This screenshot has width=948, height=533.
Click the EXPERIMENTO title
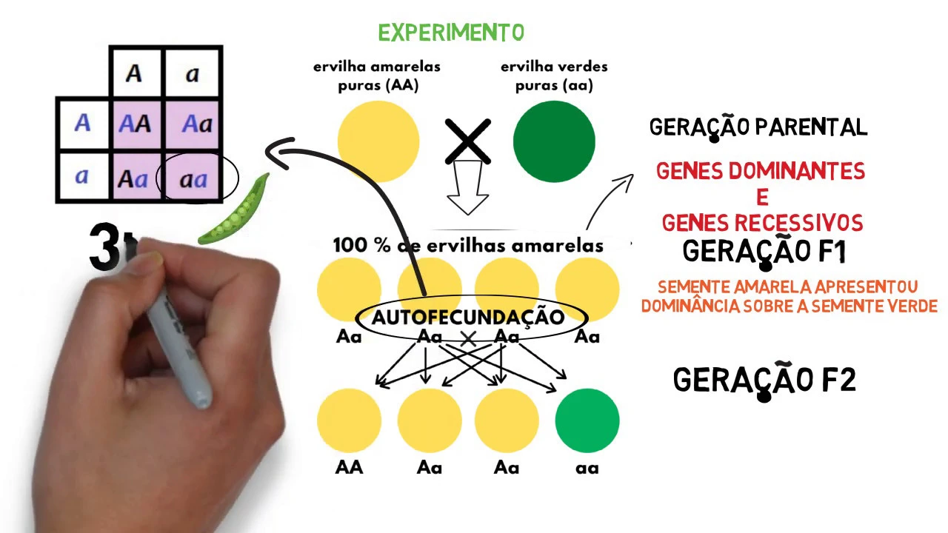[x=451, y=33]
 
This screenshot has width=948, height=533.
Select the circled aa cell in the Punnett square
[x=193, y=178]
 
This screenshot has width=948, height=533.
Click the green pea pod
[x=236, y=211]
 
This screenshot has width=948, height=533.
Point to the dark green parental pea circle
[x=554, y=141]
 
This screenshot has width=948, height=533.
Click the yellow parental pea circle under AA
[x=378, y=141]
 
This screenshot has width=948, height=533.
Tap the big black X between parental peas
[x=467, y=141]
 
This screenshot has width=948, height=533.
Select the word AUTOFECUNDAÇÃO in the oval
[x=468, y=318]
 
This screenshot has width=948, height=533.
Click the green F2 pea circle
[x=587, y=420]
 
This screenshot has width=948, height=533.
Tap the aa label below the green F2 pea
[x=587, y=468]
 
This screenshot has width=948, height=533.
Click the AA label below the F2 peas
[x=349, y=468]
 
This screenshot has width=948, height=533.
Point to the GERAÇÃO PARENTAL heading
[x=758, y=127]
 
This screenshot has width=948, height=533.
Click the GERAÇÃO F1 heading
[x=764, y=252]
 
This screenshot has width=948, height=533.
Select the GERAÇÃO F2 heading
[x=764, y=380]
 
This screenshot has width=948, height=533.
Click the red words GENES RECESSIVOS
[x=762, y=223]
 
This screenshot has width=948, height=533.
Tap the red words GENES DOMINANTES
[x=761, y=172]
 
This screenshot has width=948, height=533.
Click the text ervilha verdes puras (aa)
[x=554, y=76]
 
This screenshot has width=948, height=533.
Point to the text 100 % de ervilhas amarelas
[x=468, y=245]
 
